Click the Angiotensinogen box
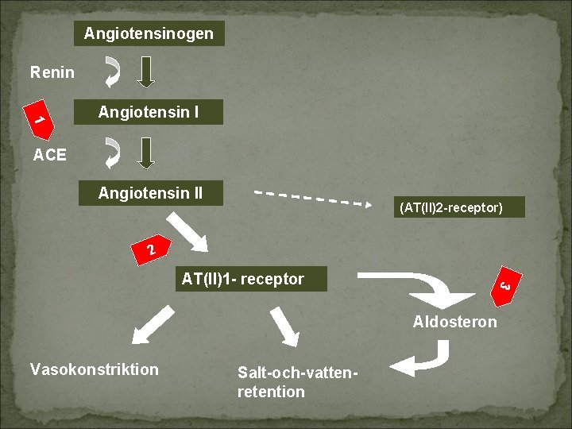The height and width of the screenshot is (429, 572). click(x=149, y=33)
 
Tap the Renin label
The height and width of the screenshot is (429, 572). click(x=52, y=73)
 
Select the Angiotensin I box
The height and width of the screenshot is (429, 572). click(x=149, y=112)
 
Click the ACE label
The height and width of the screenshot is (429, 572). click(x=50, y=155)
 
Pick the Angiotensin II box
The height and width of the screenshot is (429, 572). click(x=150, y=193)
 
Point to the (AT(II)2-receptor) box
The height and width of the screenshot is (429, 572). click(x=450, y=208)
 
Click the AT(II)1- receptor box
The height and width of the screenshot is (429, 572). click(x=243, y=279)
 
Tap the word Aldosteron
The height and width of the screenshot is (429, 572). click(x=454, y=322)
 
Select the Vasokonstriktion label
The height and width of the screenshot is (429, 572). click(x=94, y=369)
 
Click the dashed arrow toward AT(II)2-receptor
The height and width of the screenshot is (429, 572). click(x=312, y=197)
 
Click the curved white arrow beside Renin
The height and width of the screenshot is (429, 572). click(x=114, y=71)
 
